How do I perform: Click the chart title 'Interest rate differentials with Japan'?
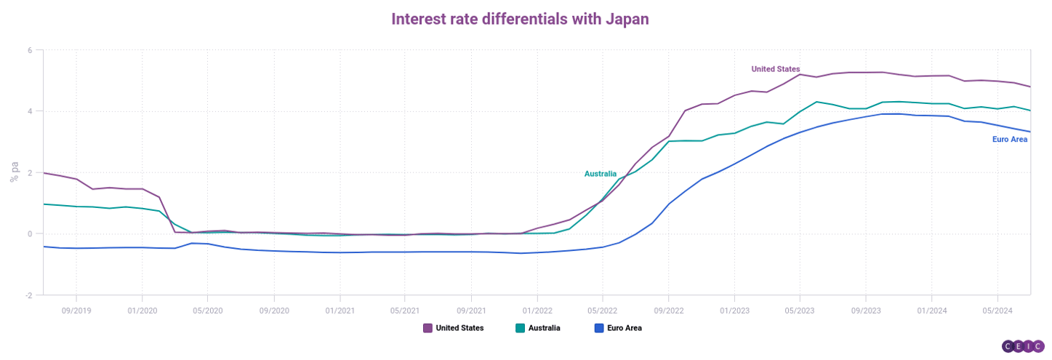tap(520, 19)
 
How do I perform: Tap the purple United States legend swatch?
tap(427, 328)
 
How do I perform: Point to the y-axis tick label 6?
tap(30, 50)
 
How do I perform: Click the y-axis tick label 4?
tap(30, 111)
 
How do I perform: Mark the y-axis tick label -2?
tap(28, 295)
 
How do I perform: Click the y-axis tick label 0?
tap(30, 234)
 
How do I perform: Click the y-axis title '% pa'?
tap(14, 172)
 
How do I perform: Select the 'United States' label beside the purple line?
tap(775, 69)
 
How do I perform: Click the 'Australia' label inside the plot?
tap(601, 174)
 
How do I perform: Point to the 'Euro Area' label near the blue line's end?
tap(1010, 139)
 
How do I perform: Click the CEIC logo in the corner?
tap(1023, 346)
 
